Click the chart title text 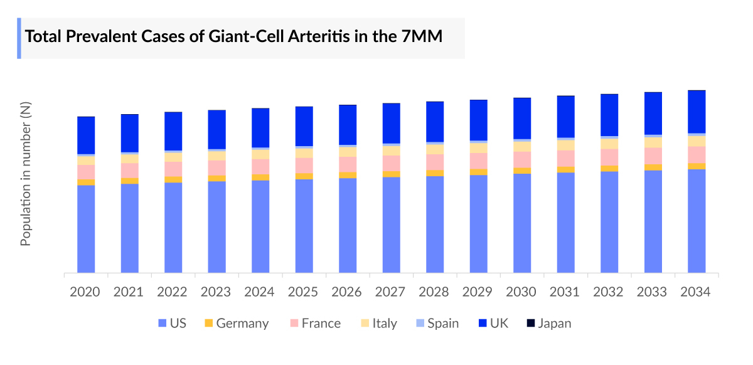click(233, 36)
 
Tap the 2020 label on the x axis click(85, 292)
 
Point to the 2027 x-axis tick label click(390, 292)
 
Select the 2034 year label click(695, 292)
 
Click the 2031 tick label click(565, 292)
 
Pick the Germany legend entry click(236, 324)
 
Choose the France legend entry click(314, 324)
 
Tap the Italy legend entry click(378, 324)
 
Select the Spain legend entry click(437, 324)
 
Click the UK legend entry click(493, 324)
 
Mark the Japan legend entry click(548, 324)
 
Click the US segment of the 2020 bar click(86, 229)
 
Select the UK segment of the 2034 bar click(697, 112)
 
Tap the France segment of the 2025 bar click(304, 165)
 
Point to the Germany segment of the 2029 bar click(478, 172)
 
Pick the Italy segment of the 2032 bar click(609, 144)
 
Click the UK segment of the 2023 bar click(217, 129)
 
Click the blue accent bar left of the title click(19, 38)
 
